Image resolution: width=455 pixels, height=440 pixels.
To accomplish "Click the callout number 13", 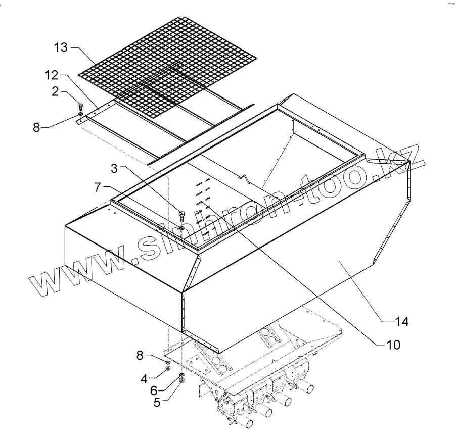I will pos(60,48).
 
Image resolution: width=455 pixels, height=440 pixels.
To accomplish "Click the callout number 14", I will pos(402,320).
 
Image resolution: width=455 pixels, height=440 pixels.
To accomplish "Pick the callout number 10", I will pos(393,345).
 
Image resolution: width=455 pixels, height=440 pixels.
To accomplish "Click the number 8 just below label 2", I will pos(36,127).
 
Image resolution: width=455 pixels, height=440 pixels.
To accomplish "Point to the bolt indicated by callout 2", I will pos(80,107).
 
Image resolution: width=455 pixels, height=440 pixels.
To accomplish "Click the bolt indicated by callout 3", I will pos(181,215).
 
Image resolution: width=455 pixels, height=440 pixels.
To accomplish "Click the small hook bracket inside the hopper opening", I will pos(245,178).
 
